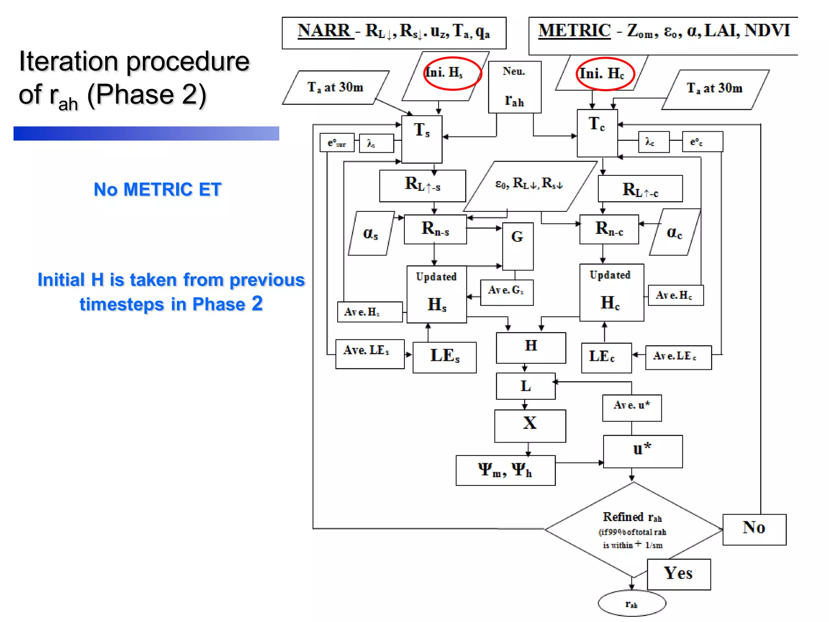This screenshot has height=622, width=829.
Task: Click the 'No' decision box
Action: [x=754, y=529]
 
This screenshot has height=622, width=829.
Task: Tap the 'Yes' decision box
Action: [x=679, y=574]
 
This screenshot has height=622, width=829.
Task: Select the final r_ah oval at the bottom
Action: [x=632, y=604]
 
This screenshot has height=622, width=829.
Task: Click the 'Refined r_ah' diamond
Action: [x=633, y=530]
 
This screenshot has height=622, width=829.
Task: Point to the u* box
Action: [x=642, y=451]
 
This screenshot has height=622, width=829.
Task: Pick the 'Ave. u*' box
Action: [x=632, y=408]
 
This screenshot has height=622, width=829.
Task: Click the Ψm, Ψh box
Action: [x=505, y=470]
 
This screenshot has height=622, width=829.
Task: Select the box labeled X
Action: [x=530, y=426]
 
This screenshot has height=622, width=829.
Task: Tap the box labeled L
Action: [x=525, y=386]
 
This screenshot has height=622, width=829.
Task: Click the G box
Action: [x=517, y=246]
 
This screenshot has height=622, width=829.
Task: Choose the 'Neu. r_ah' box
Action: [x=514, y=87]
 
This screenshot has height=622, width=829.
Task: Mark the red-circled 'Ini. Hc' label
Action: [x=604, y=74]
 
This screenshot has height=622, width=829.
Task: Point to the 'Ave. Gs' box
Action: [x=506, y=292]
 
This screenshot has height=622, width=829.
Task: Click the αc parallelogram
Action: [x=674, y=232]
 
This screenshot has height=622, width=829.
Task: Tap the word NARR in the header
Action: [x=324, y=30]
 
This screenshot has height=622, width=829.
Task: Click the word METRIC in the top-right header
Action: [x=574, y=30]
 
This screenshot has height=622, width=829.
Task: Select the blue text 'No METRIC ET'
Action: [x=157, y=190]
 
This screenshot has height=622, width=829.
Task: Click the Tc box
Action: [x=597, y=133]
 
